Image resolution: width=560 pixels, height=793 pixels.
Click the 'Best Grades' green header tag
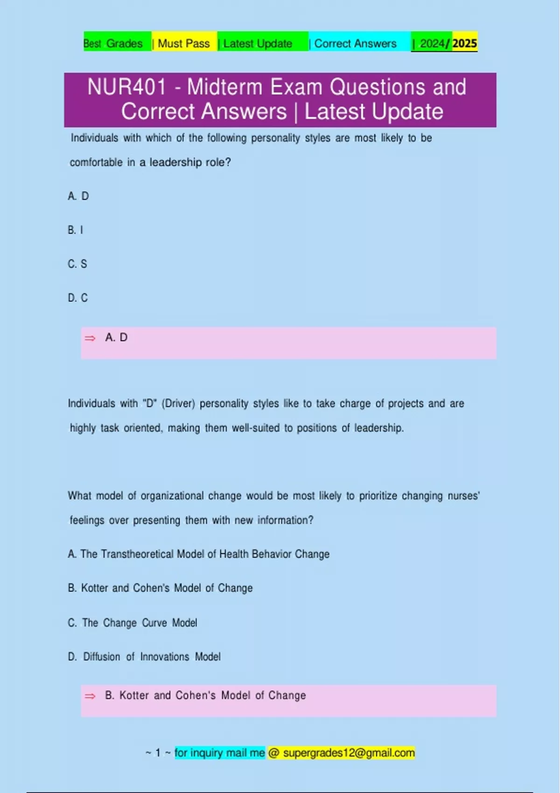(x=113, y=43)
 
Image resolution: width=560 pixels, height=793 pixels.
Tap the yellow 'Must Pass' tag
(x=183, y=43)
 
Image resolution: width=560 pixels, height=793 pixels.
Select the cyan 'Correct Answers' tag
(x=355, y=43)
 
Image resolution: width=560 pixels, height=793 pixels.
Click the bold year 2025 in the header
(x=464, y=43)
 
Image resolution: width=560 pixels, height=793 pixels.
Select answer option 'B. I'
(x=76, y=230)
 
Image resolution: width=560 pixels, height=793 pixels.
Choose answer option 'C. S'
(x=77, y=264)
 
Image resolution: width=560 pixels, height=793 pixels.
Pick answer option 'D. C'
(x=78, y=298)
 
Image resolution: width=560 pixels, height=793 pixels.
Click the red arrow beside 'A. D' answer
(x=90, y=338)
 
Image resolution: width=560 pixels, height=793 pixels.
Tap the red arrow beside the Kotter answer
(x=90, y=696)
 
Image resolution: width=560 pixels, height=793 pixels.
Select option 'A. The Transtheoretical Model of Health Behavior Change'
(x=199, y=554)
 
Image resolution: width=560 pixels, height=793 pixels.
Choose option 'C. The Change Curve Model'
(x=133, y=623)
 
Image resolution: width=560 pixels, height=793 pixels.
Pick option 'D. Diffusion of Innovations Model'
(x=144, y=657)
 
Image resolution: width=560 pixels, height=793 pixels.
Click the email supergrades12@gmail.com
(x=349, y=753)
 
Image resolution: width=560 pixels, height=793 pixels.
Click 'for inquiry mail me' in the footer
(x=219, y=753)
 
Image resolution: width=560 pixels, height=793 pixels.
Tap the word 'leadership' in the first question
(x=175, y=162)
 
